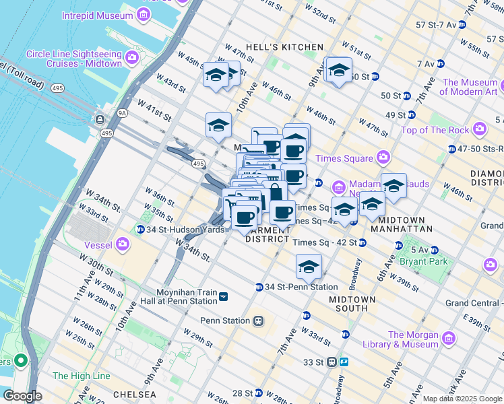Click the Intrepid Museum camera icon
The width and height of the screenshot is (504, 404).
[x=143, y=14]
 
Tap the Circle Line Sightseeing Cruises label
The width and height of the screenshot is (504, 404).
[x=74, y=59]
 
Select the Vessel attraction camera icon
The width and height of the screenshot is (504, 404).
[x=123, y=244]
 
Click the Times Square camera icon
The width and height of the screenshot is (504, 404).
[x=383, y=158]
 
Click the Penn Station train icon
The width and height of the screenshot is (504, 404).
[x=258, y=321]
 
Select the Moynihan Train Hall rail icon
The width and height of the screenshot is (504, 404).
[x=223, y=297]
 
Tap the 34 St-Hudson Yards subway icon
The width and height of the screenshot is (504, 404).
[x=140, y=230]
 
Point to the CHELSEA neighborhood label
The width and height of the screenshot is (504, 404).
[x=135, y=395]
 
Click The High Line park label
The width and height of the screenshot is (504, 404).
[x=81, y=376]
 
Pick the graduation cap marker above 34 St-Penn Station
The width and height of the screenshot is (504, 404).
[x=309, y=267]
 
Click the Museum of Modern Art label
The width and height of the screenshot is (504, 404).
[x=470, y=88]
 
